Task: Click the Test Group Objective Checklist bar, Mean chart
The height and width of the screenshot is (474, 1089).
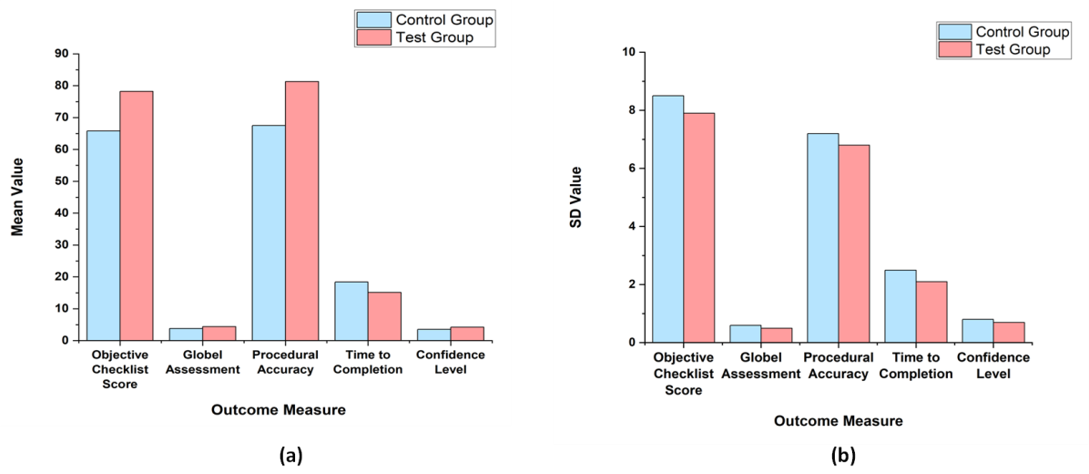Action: (x=137, y=215)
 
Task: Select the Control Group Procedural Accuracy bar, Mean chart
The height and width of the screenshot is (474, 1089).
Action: (x=269, y=232)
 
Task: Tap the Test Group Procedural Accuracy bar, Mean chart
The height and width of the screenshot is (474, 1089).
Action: (x=301, y=211)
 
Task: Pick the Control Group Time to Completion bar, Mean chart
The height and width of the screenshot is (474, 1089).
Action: (x=351, y=311)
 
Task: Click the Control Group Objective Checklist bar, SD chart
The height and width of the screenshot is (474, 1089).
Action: (x=667, y=219)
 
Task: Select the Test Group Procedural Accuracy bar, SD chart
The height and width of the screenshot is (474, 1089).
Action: (x=854, y=243)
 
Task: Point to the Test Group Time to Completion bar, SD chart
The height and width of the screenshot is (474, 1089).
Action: (x=931, y=312)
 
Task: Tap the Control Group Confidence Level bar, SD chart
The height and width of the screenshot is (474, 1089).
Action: (x=977, y=331)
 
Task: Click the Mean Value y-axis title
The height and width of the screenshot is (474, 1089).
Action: (x=17, y=197)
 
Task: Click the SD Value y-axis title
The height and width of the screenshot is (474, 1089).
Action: (x=576, y=197)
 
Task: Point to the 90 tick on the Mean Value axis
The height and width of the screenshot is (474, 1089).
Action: (x=62, y=54)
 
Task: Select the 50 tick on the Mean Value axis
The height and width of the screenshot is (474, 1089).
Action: (x=62, y=181)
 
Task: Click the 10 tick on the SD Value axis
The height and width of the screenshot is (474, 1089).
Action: (x=628, y=52)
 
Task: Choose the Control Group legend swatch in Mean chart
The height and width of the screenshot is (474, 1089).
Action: (x=373, y=20)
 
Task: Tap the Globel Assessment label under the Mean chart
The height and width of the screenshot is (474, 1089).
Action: (x=204, y=362)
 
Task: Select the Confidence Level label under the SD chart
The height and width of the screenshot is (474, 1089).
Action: (x=993, y=366)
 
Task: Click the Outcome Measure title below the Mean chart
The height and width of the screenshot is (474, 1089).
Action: (x=279, y=410)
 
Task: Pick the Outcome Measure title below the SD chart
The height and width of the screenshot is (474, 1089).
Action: (x=839, y=421)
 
